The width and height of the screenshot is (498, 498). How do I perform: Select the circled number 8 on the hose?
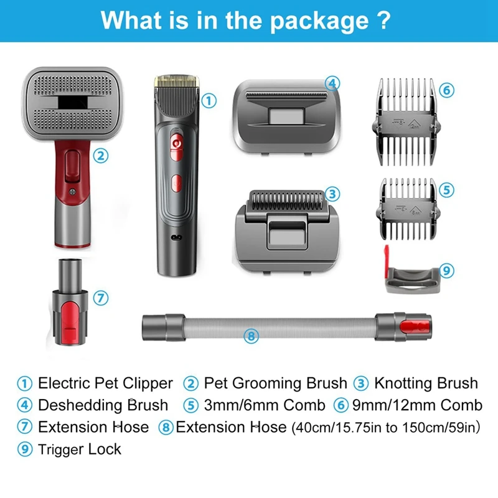click(251, 336)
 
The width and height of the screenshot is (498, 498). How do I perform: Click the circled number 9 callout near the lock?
click(446, 271)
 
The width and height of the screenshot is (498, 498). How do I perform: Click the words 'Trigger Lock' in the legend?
click(80, 449)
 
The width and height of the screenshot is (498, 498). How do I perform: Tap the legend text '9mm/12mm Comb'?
click(416, 405)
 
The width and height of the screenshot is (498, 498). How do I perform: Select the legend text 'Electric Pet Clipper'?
click(105, 383)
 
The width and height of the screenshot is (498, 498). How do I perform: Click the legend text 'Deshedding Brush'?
click(103, 405)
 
